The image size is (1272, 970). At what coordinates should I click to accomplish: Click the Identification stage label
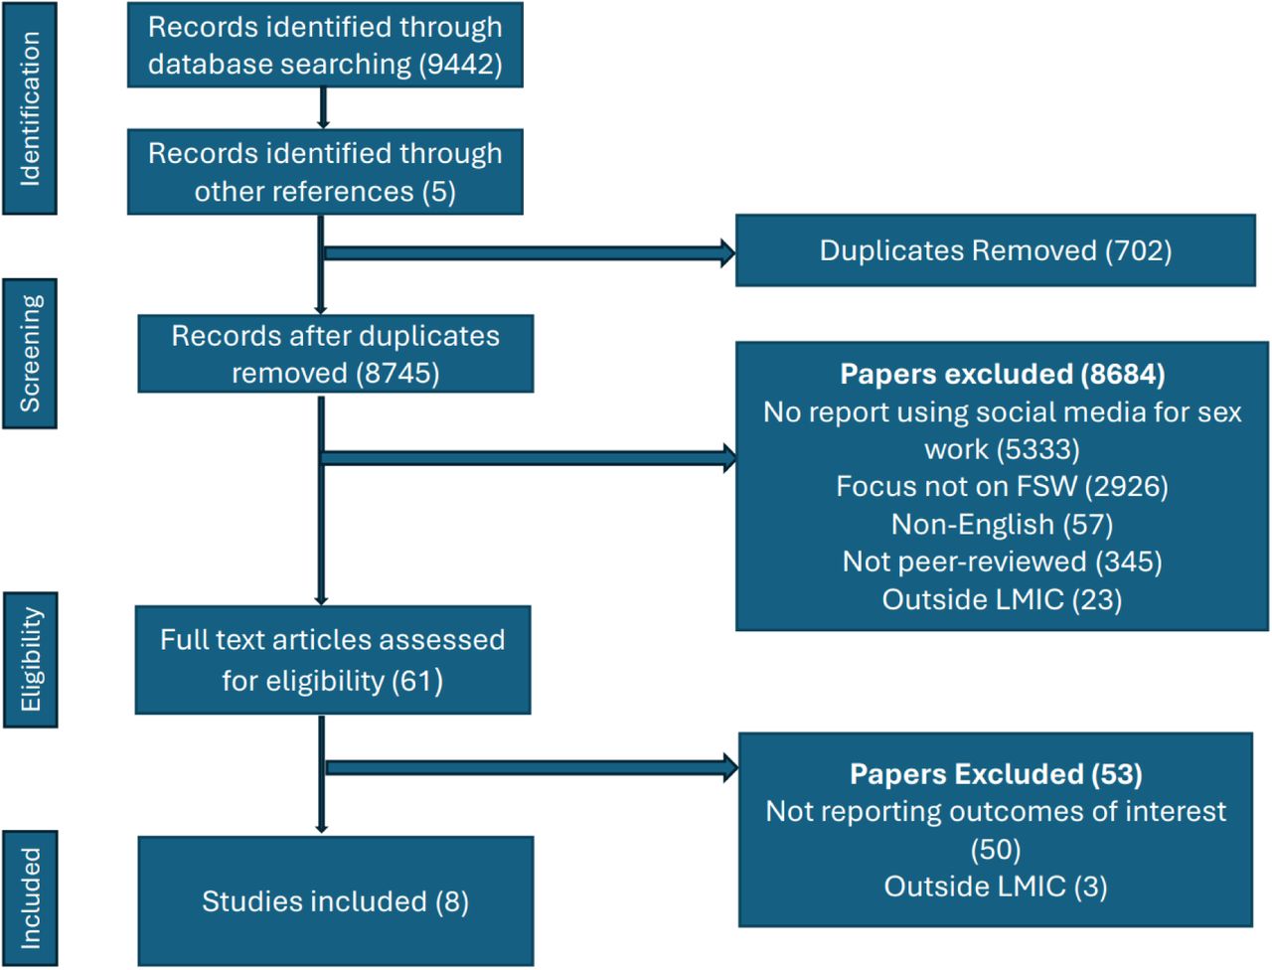30,108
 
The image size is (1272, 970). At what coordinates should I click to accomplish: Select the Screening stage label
30,354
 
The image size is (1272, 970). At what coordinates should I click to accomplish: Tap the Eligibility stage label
31,659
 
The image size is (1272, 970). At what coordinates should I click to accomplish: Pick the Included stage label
30,898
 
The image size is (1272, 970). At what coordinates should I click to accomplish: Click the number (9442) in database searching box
461,65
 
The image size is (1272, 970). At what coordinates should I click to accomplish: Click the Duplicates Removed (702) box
996,250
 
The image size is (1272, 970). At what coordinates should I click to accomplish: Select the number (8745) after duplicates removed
397,373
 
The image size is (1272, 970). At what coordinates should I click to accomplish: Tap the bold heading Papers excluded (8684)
1003,374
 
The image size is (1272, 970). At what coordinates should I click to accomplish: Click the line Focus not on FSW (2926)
1002,486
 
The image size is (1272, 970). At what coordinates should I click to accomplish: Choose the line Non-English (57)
1002,525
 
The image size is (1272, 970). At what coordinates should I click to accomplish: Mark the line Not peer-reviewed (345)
1002,562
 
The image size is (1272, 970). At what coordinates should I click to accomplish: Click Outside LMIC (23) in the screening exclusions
1002,599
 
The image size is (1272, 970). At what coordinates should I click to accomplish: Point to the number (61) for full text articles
417,681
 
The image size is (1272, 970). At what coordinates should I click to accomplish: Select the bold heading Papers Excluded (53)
996,774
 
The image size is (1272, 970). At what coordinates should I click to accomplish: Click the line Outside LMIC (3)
996,887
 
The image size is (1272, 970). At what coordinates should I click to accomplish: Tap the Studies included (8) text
336,901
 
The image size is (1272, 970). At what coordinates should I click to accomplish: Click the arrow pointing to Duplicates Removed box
530,253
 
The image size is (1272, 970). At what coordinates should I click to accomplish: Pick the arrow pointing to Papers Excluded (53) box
532,768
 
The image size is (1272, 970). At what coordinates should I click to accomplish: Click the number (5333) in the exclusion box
1037,449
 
